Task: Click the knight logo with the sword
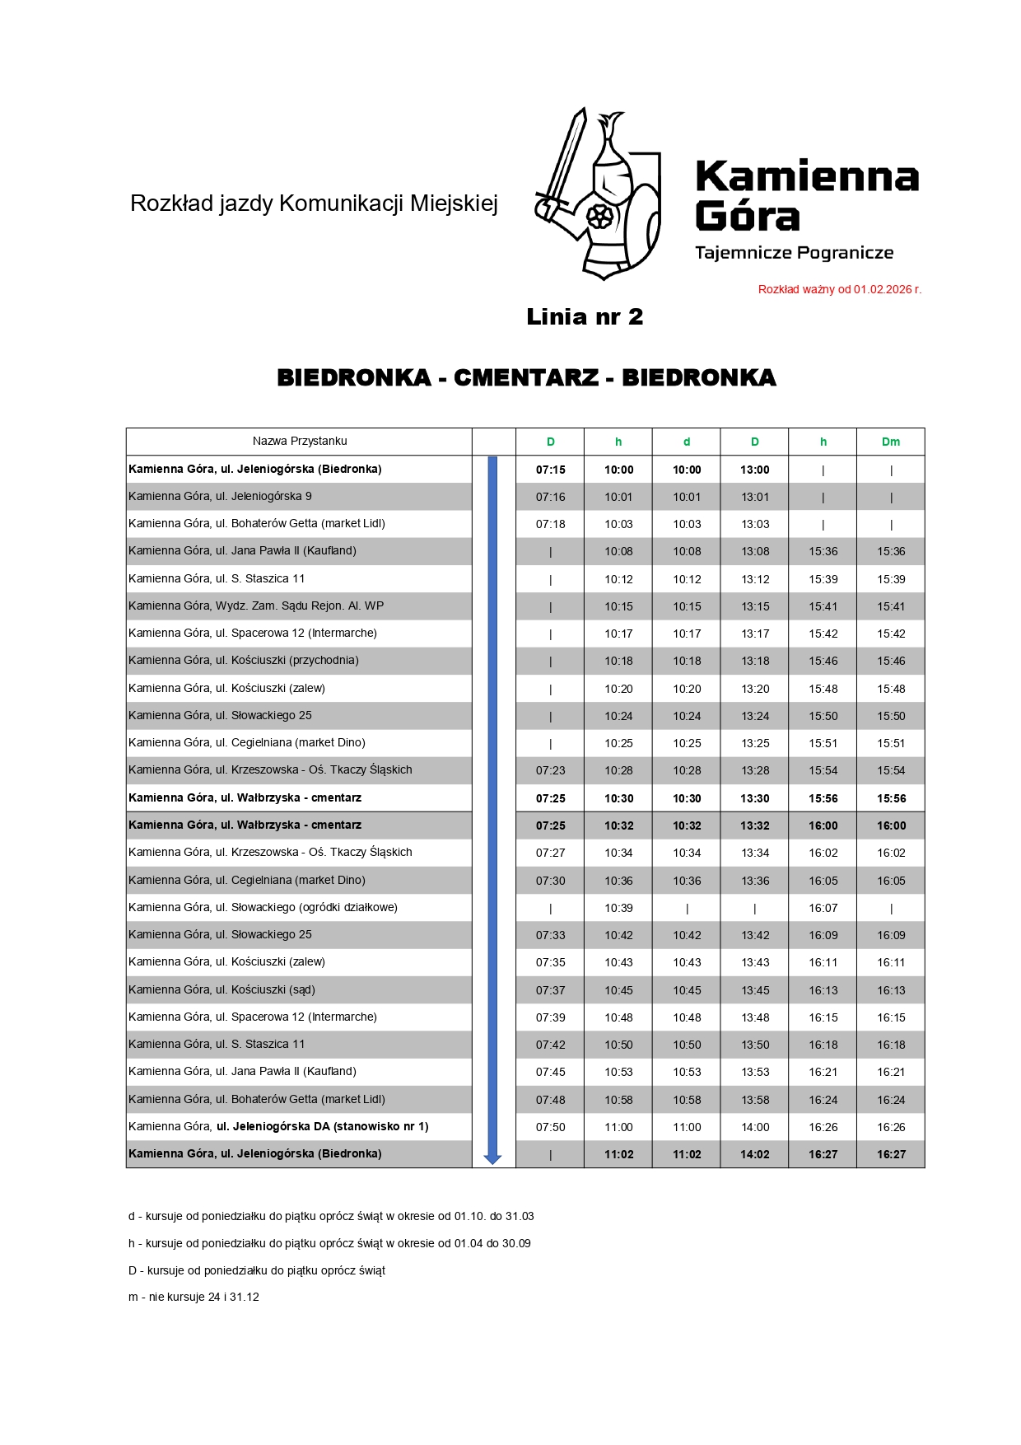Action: click(599, 194)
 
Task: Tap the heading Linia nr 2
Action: click(585, 317)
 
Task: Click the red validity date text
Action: click(839, 289)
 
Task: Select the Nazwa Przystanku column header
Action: click(300, 442)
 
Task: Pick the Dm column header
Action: click(891, 442)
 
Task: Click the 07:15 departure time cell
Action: click(550, 470)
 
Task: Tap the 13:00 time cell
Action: click(754, 470)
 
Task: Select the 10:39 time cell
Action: click(618, 908)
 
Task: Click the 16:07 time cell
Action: click(823, 908)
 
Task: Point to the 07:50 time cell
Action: click(550, 1127)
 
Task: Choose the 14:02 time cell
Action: click(754, 1154)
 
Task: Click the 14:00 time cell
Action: click(754, 1127)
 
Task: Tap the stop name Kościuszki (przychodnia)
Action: click(244, 661)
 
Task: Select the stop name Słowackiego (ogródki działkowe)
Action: click(263, 908)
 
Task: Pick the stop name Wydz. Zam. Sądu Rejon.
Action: click(256, 606)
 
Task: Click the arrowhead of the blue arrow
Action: click(492, 1158)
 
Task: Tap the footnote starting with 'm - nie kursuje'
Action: click(193, 1297)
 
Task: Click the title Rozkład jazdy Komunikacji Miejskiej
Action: click(314, 203)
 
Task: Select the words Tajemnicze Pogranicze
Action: click(794, 253)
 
